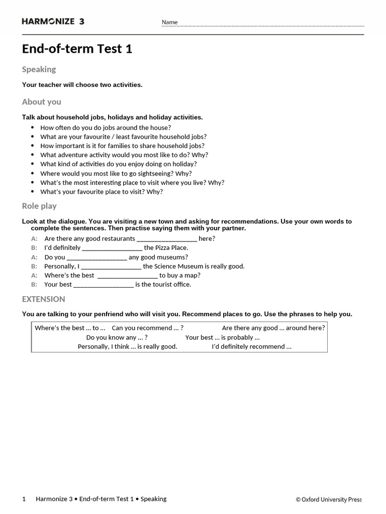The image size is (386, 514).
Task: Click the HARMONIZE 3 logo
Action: [53, 21]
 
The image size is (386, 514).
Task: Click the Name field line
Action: [271, 25]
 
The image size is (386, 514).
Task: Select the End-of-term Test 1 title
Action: [77, 49]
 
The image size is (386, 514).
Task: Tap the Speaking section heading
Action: [39, 69]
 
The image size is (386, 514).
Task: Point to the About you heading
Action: [41, 102]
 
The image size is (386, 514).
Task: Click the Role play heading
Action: [39, 206]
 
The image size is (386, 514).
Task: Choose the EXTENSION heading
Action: [43, 299]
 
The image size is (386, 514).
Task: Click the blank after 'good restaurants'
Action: [166, 239]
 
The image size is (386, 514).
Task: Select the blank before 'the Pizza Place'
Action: [112, 248]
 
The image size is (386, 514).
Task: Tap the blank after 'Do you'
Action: [97, 257]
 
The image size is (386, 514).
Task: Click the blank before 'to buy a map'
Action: [127, 276]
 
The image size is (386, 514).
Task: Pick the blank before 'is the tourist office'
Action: [103, 285]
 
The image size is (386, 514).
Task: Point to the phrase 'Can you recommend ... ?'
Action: [147, 328]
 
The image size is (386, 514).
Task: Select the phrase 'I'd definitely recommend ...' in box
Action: [251, 346]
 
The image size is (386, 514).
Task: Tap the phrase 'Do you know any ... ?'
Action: [117, 337]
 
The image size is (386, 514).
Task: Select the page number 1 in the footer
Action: [24, 499]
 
